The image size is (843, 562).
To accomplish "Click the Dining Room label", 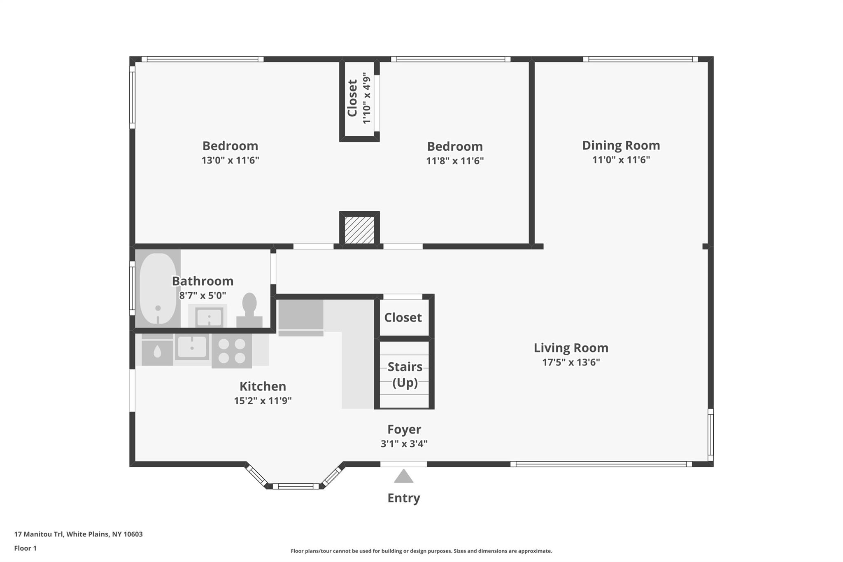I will click(x=621, y=145).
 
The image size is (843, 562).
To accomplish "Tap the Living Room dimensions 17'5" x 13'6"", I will click(x=571, y=362).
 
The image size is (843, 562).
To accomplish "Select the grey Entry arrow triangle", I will click(x=403, y=477).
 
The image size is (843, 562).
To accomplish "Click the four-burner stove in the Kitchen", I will click(x=231, y=351).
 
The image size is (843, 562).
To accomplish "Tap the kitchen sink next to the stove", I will click(x=192, y=347).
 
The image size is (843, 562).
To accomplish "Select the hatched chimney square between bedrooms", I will click(x=359, y=230).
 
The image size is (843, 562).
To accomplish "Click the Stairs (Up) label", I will click(x=405, y=374).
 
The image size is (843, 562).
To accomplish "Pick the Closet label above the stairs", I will click(x=403, y=317).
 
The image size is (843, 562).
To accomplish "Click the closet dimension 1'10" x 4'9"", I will click(x=366, y=98).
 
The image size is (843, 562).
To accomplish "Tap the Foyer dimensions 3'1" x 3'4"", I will click(x=404, y=444).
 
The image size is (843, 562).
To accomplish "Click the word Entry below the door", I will click(x=403, y=498).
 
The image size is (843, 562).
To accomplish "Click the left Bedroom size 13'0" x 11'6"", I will click(x=230, y=161).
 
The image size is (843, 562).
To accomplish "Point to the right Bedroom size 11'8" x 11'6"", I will click(x=454, y=161).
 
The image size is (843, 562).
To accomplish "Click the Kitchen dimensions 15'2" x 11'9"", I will click(x=263, y=401).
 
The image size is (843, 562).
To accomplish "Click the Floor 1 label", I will click(x=25, y=548).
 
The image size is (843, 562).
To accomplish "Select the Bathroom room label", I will click(x=203, y=281).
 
